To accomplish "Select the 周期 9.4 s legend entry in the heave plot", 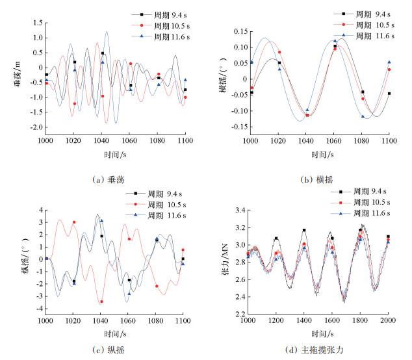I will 161,14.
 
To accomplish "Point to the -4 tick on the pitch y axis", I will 38,308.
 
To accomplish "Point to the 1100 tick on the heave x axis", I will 185,140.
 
